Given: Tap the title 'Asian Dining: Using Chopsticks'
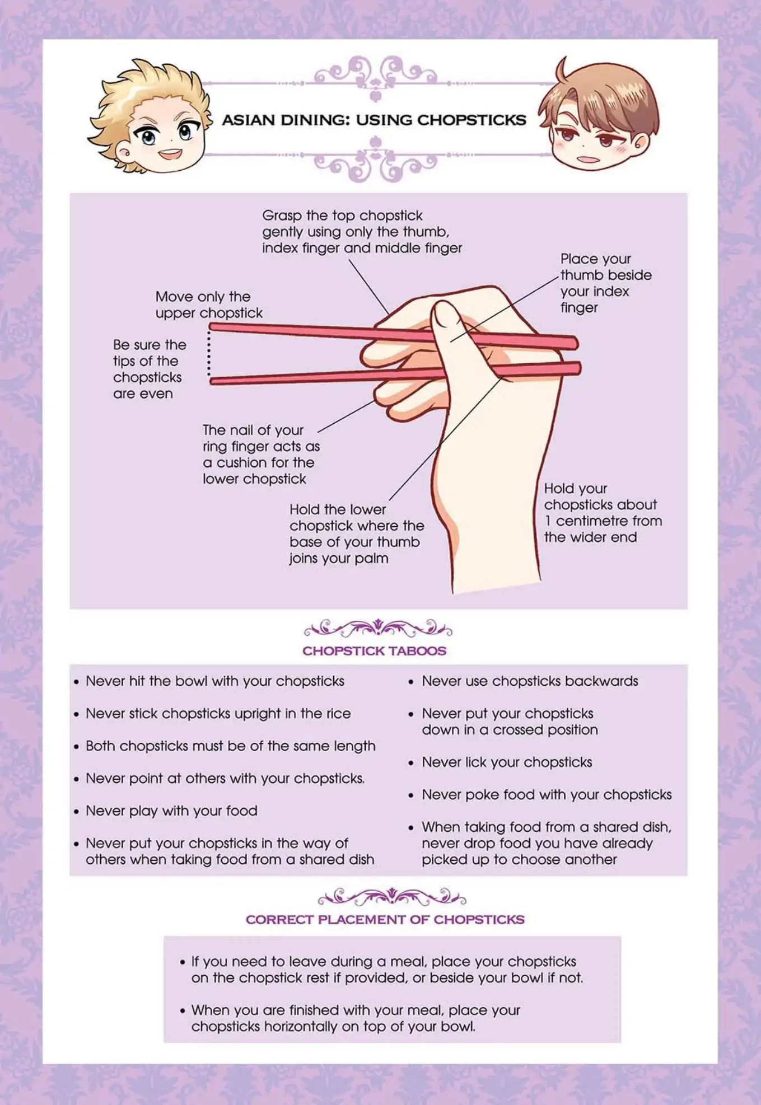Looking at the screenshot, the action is click(x=374, y=120).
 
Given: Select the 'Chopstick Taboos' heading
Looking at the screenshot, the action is click(x=374, y=651).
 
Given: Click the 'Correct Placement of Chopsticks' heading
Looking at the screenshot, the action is click(x=385, y=920).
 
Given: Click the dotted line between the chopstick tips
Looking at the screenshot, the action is click(x=209, y=354).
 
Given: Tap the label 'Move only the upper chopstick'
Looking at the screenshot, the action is click(x=209, y=305).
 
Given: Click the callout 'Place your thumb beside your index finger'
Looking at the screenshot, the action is click(x=606, y=283).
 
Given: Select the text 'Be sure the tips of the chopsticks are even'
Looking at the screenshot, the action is click(x=150, y=369).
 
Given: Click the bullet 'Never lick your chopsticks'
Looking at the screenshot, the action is click(x=507, y=762).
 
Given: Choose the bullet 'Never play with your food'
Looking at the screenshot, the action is click(x=171, y=811).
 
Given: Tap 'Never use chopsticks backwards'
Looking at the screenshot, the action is click(x=530, y=681).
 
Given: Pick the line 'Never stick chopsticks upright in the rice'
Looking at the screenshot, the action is click(x=218, y=714).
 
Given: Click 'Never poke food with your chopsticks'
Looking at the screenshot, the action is click(x=547, y=795).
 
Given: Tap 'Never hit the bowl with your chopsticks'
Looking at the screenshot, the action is click(x=214, y=681).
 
